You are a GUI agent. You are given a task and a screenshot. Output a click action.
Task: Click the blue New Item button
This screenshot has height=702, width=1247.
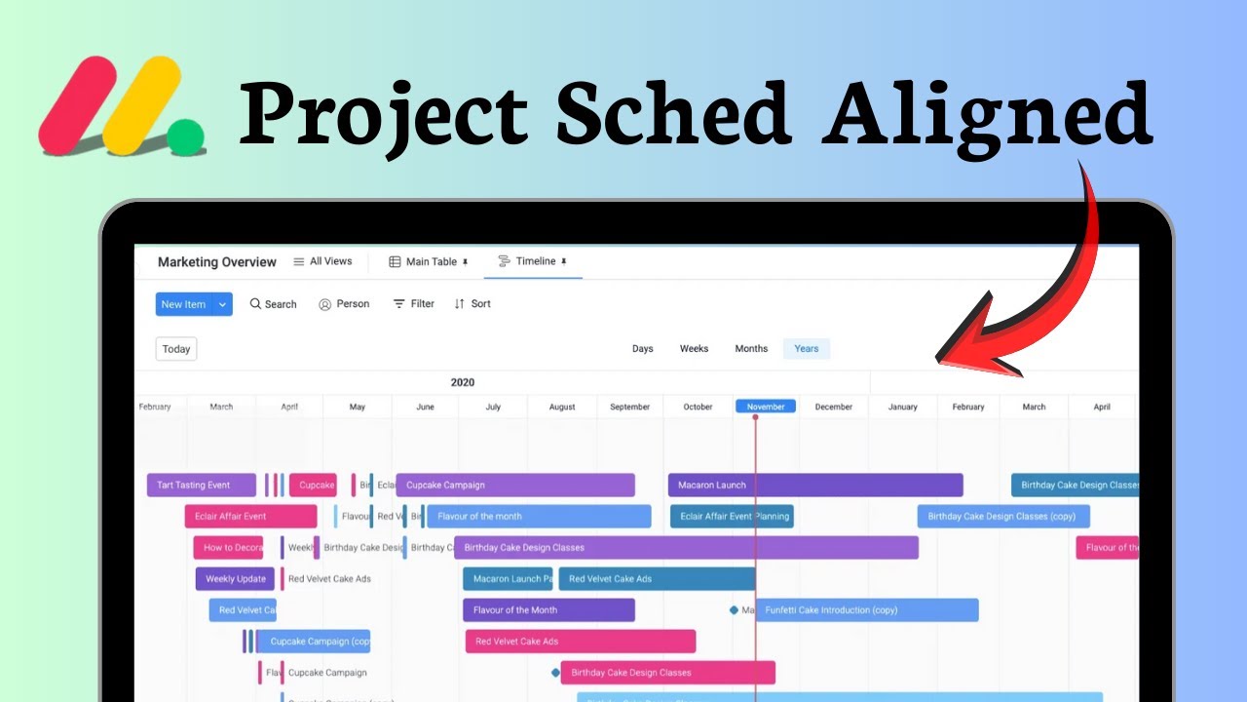(x=184, y=304)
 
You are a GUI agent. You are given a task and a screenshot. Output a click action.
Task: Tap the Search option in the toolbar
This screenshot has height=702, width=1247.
(x=273, y=304)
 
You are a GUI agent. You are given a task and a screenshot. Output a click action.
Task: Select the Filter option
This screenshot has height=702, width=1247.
(x=413, y=304)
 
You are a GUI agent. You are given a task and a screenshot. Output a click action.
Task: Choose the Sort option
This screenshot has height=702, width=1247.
(x=472, y=304)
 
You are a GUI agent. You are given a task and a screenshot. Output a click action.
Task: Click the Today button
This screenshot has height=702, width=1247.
(x=176, y=349)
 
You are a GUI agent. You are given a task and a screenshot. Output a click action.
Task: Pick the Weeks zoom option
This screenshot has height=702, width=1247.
(x=694, y=349)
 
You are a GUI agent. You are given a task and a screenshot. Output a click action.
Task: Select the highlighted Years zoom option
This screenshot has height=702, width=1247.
(x=807, y=349)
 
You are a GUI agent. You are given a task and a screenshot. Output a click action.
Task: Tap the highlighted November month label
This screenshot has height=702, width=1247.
(x=766, y=407)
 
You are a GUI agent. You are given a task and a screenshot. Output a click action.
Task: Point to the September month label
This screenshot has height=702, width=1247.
(x=630, y=407)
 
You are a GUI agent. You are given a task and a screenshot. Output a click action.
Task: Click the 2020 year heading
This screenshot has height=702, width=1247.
(x=463, y=382)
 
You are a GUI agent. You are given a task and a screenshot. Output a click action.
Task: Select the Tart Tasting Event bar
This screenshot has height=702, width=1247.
(x=201, y=486)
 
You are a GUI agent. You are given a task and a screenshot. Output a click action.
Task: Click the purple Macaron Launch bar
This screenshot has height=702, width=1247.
(x=814, y=486)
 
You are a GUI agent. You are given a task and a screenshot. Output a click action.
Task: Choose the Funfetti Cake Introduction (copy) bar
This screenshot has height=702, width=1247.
(x=867, y=610)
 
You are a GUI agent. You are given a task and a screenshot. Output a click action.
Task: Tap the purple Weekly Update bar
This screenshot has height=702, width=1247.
(x=235, y=579)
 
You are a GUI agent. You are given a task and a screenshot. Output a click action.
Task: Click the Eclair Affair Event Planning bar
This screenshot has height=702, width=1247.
(x=732, y=517)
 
